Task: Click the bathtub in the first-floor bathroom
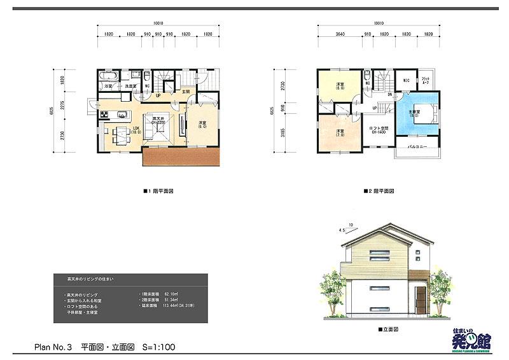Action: click(x=108, y=77)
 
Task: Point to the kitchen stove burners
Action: click(x=104, y=115)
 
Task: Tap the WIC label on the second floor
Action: click(x=407, y=81)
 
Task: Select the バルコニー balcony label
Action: click(x=416, y=145)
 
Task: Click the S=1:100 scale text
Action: click(x=157, y=348)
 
